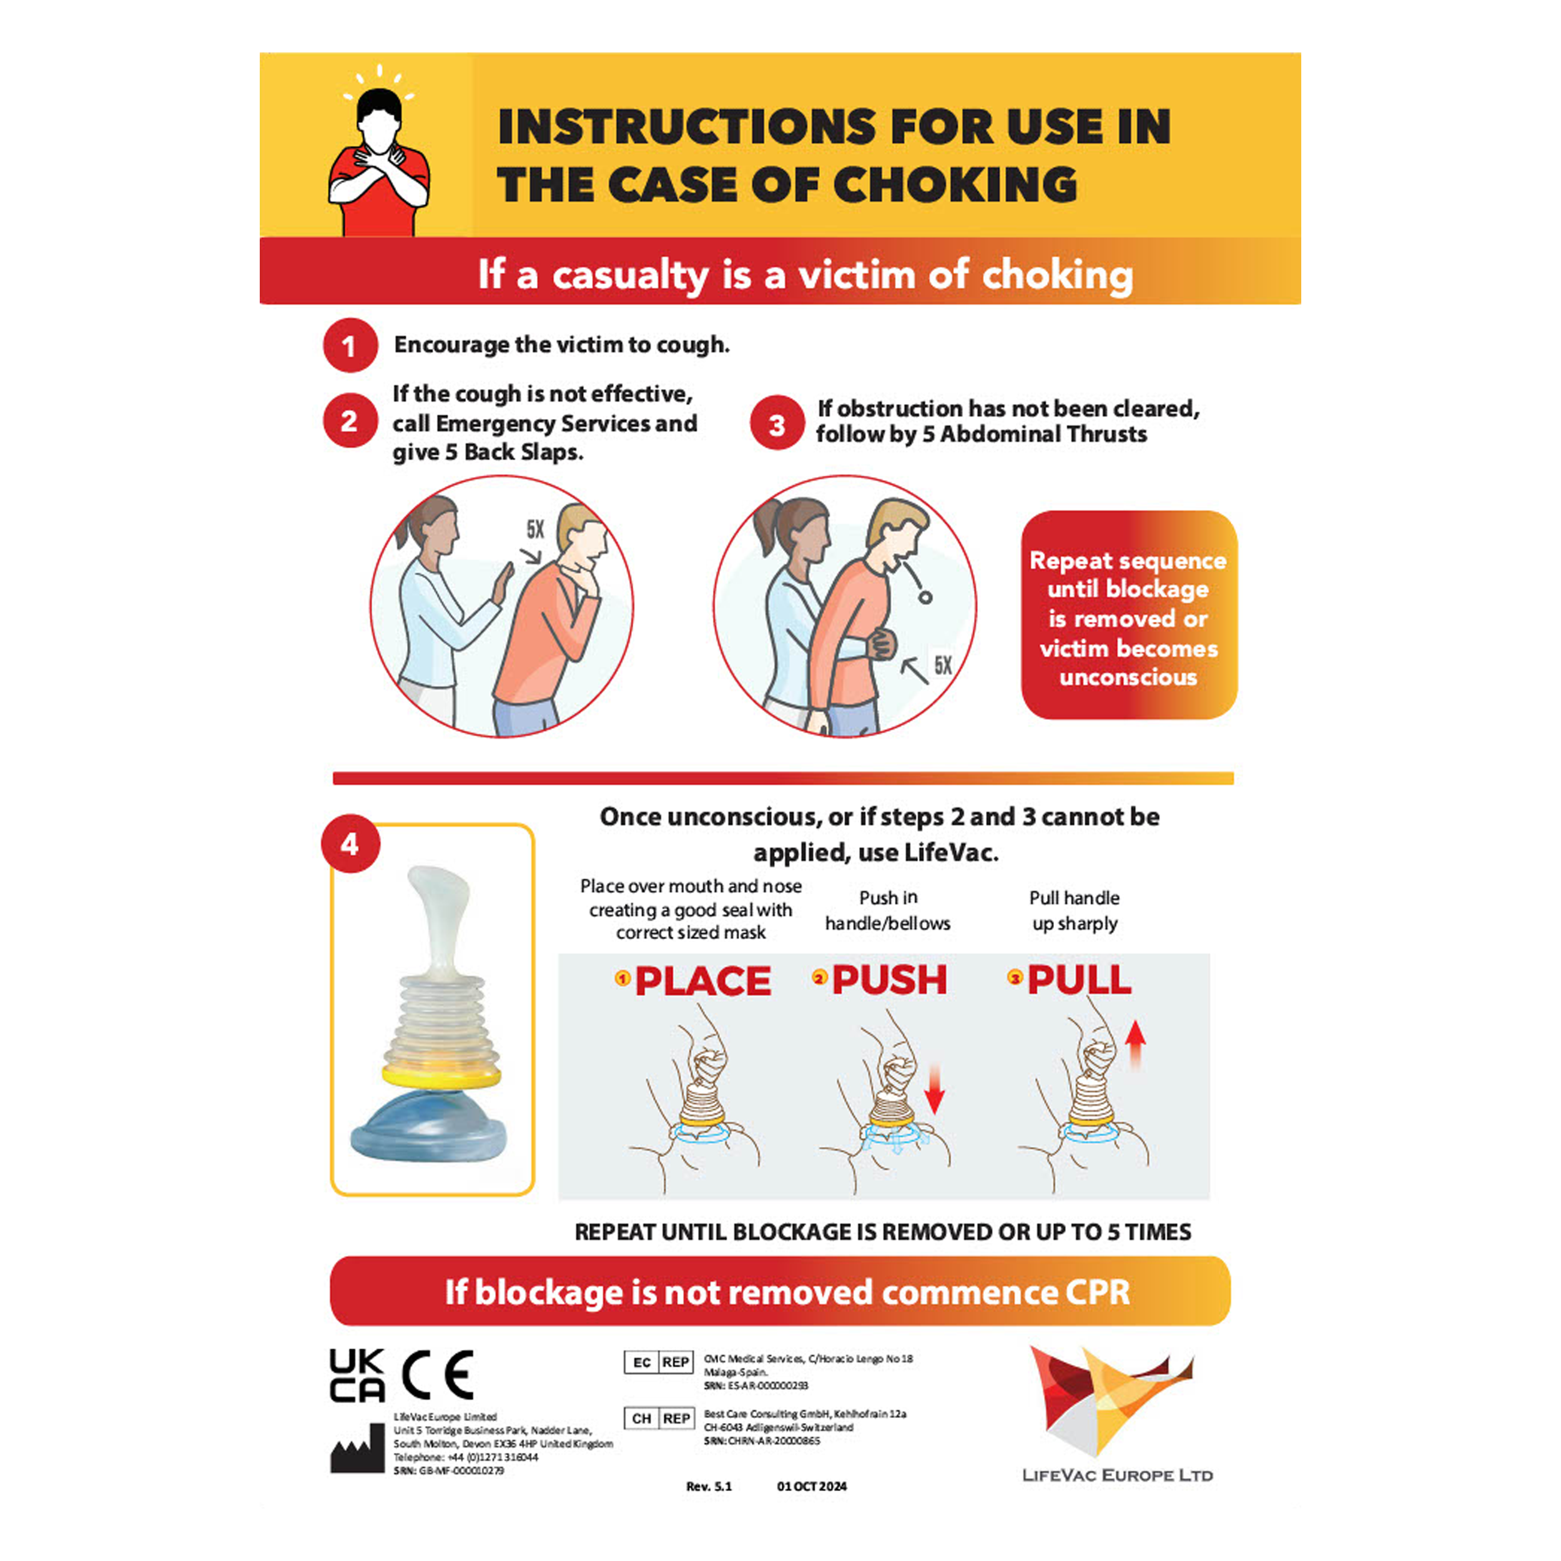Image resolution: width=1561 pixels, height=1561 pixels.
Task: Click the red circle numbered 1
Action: pyautogui.click(x=350, y=346)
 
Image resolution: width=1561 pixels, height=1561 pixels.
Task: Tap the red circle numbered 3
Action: pyautogui.click(x=777, y=423)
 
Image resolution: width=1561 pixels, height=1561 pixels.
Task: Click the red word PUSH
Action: pyautogui.click(x=889, y=980)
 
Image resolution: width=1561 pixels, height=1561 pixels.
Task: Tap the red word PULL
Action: pyautogui.click(x=1078, y=980)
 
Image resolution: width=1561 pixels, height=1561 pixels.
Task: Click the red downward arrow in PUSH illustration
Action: pyautogui.click(x=934, y=1089)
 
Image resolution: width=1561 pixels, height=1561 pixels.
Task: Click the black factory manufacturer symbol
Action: pyautogui.click(x=357, y=1449)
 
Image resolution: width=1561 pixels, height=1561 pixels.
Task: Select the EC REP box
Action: pyautogui.click(x=659, y=1362)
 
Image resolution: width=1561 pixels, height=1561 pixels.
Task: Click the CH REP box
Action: pyautogui.click(x=659, y=1419)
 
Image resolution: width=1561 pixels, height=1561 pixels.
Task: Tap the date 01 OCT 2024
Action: pyautogui.click(x=811, y=1486)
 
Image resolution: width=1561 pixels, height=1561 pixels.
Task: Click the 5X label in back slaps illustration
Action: pyautogui.click(x=535, y=529)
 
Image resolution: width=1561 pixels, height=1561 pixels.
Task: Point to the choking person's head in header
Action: pyautogui.click(x=379, y=117)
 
